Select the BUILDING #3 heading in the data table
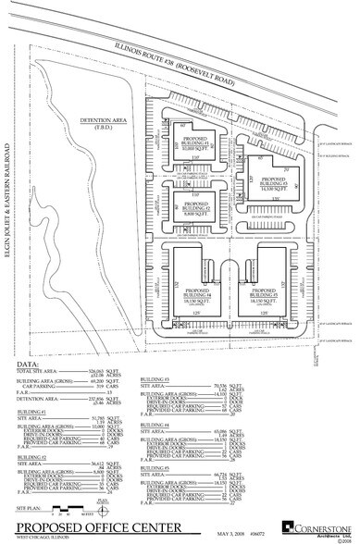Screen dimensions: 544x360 [x=154, y=379]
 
